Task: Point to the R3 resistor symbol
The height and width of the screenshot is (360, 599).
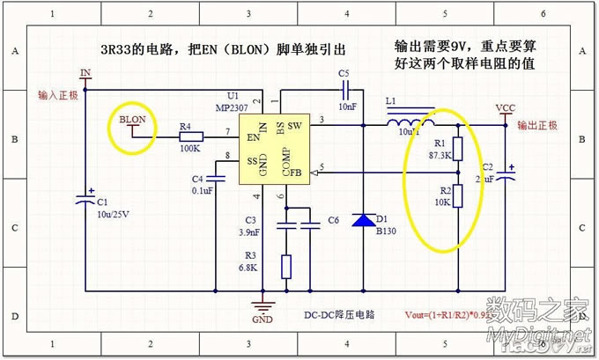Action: [286, 267]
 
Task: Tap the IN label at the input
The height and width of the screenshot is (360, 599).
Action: [85, 72]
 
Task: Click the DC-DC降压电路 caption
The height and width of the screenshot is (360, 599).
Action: [339, 314]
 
